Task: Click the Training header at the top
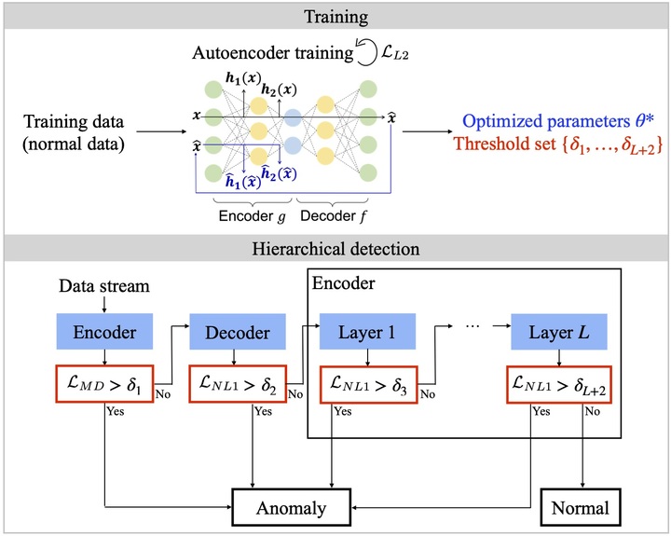[335, 16]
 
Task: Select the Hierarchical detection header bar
[335, 249]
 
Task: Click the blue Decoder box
[239, 333]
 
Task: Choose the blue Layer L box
[556, 333]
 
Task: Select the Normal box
[582, 508]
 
